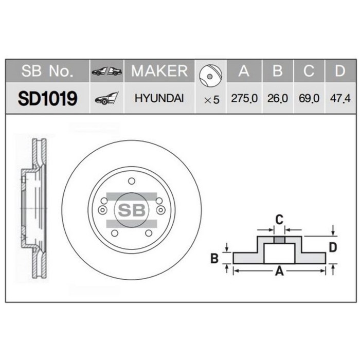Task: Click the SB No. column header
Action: [x=47, y=71]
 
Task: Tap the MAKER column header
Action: [x=159, y=71]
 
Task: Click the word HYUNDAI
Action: [x=159, y=98]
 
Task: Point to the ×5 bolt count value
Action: [x=211, y=99]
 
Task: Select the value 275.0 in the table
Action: [x=244, y=98]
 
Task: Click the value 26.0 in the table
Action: [x=277, y=98]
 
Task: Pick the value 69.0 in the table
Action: [x=309, y=98]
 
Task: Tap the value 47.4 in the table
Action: [x=339, y=98]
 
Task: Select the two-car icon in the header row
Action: [x=106, y=71]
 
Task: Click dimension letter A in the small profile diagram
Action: [x=280, y=272]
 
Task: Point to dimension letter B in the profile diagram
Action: [x=215, y=258]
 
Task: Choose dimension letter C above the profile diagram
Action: [x=279, y=220]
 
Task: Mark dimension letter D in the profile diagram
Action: [x=333, y=247]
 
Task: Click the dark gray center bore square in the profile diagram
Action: [x=279, y=240]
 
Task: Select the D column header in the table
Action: [x=339, y=71]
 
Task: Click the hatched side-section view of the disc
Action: [x=33, y=209]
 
